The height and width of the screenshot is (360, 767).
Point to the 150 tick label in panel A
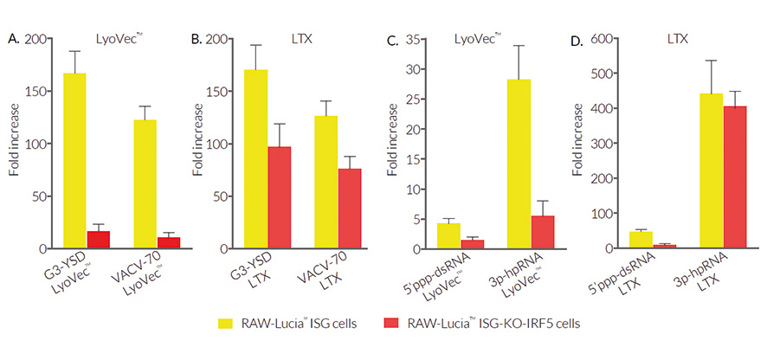click(x=36, y=92)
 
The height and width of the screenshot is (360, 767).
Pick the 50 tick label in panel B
click(x=229, y=196)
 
